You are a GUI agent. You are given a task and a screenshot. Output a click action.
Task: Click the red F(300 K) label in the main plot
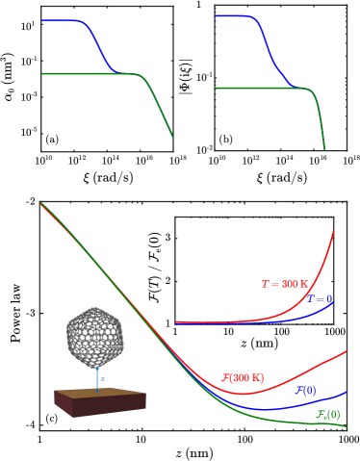coord(243,378)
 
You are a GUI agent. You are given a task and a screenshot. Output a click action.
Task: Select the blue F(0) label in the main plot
coord(304,390)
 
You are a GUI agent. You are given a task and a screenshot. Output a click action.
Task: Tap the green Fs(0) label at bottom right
coord(327,414)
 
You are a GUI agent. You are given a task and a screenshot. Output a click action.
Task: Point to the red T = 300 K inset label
coord(285,284)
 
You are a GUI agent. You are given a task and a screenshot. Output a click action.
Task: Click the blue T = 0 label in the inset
coord(320,299)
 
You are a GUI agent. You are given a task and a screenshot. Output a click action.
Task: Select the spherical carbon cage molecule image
coord(98,333)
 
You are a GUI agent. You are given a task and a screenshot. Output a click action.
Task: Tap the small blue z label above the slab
coord(103,378)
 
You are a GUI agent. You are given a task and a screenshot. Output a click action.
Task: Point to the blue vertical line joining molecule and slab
coord(97,379)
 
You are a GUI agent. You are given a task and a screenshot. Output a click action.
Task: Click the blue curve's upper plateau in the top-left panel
coord(63,20)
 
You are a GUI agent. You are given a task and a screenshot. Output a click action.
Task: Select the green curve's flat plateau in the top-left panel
coord(87,73)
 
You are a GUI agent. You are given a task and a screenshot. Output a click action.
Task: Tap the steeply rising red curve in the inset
coord(325,260)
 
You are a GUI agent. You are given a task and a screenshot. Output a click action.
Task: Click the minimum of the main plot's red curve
coord(244,393)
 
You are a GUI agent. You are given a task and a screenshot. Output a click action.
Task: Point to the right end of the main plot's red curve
coord(343,353)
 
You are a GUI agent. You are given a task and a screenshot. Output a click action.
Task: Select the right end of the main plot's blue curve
coord(343,392)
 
